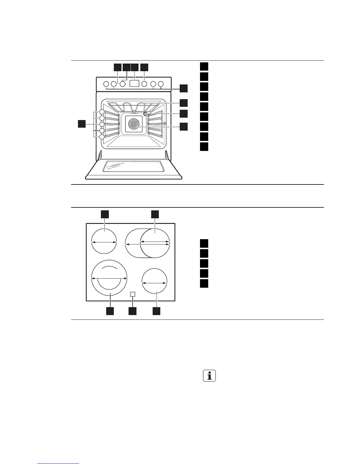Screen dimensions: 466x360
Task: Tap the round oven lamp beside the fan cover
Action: click(x=146, y=114)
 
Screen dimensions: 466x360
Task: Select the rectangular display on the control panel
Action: click(x=134, y=84)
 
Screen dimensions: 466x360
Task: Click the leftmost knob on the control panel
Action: click(x=106, y=84)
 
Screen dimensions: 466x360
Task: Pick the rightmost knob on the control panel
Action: click(x=161, y=84)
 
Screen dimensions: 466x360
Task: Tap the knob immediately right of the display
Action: click(x=144, y=84)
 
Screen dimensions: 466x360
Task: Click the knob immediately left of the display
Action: click(x=123, y=84)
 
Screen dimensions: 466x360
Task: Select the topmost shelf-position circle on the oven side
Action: click(x=102, y=112)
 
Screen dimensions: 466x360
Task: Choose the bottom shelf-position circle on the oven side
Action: click(x=102, y=137)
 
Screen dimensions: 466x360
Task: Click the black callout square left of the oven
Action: click(x=82, y=124)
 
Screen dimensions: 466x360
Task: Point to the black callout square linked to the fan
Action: click(x=184, y=127)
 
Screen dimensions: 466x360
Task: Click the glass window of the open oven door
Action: click(x=133, y=166)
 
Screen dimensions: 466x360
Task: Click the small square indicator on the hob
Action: click(x=133, y=294)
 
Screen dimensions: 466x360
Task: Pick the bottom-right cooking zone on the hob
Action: click(x=154, y=281)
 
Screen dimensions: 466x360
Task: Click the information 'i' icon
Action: click(x=209, y=376)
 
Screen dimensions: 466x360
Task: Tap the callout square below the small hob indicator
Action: click(x=132, y=311)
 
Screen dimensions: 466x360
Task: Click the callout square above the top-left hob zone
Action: click(x=105, y=214)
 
